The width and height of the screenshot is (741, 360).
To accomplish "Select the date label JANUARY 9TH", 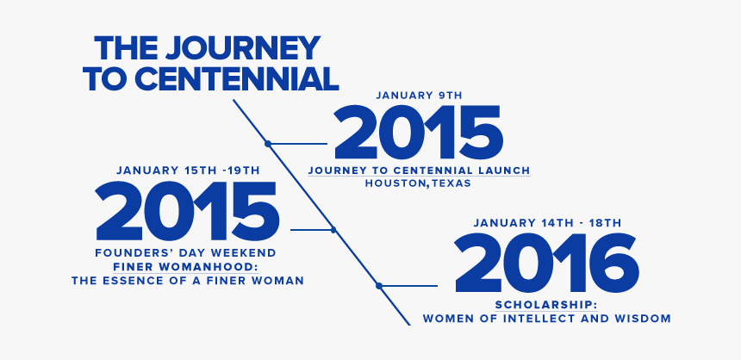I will click(x=419, y=95).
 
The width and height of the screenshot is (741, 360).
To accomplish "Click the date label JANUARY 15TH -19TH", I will click(x=187, y=170).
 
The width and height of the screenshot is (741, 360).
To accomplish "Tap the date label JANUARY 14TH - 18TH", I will click(x=546, y=223).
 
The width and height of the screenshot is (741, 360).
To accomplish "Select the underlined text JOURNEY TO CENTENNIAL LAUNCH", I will click(x=419, y=170).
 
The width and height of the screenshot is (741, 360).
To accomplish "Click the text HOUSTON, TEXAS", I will click(x=419, y=183).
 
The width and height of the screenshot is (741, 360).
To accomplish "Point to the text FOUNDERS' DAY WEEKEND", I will click(x=185, y=252).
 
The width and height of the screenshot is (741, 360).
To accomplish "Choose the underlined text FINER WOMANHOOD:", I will click(x=187, y=266).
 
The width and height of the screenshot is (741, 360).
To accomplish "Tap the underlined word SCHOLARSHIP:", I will click(x=546, y=305).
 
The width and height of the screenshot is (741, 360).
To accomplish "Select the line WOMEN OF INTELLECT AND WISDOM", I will click(x=546, y=319).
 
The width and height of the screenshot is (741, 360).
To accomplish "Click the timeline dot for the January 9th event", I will click(x=268, y=144).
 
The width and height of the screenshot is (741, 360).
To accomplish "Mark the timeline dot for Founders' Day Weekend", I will click(x=333, y=230).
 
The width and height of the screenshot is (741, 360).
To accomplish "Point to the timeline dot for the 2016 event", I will click(x=378, y=285).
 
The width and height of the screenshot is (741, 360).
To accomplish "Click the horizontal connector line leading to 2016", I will click(x=409, y=285).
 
